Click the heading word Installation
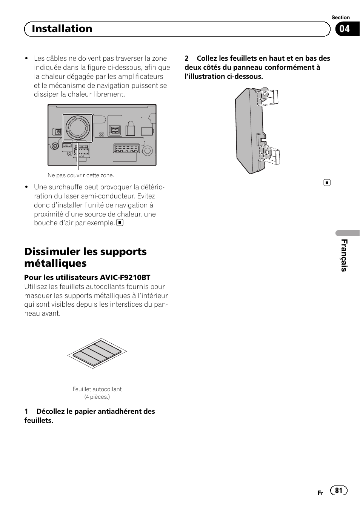[x=62, y=29]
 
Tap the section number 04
[x=345, y=29]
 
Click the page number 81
[x=338, y=490]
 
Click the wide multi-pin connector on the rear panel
[x=127, y=148]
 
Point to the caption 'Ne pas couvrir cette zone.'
[x=81, y=175]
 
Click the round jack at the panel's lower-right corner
[x=148, y=151]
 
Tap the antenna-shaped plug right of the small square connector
[x=130, y=129]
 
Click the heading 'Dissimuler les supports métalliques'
[x=85, y=257]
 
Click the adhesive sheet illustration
[x=97, y=353]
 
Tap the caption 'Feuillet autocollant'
[x=97, y=389]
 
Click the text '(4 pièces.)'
[x=97, y=397]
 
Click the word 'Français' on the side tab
[x=344, y=255]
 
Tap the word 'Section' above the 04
[x=340, y=18]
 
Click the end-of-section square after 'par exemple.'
[x=120, y=223]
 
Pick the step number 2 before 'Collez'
[x=186, y=58]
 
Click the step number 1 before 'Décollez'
[x=26, y=412]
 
